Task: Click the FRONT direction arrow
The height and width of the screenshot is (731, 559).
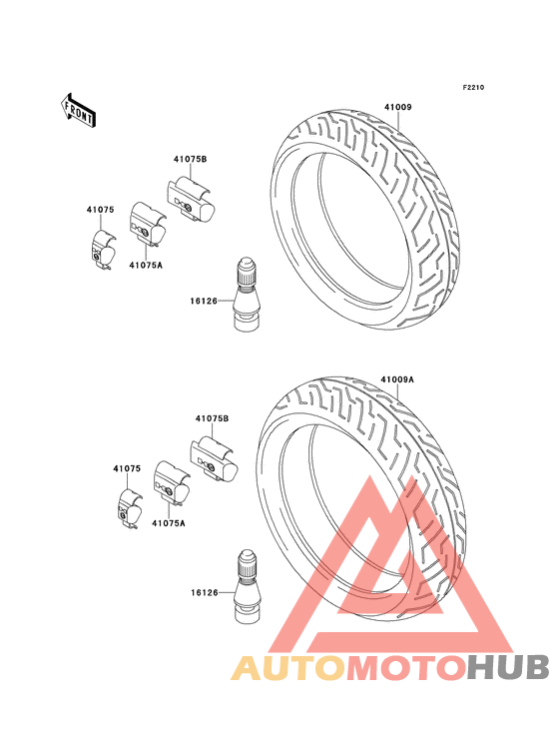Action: [78, 110]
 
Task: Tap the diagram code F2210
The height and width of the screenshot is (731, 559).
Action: [473, 87]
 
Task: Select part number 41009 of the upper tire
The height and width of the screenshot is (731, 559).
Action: [398, 107]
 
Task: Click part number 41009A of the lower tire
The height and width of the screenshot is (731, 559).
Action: [397, 379]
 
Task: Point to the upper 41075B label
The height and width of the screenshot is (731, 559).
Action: [190, 159]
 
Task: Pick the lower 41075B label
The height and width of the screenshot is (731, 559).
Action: [212, 418]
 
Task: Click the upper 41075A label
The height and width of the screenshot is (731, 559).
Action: [146, 266]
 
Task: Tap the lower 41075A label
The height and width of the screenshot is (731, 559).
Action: [168, 523]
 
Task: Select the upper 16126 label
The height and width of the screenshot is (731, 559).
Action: [204, 302]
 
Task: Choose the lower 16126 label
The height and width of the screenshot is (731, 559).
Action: [204, 593]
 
